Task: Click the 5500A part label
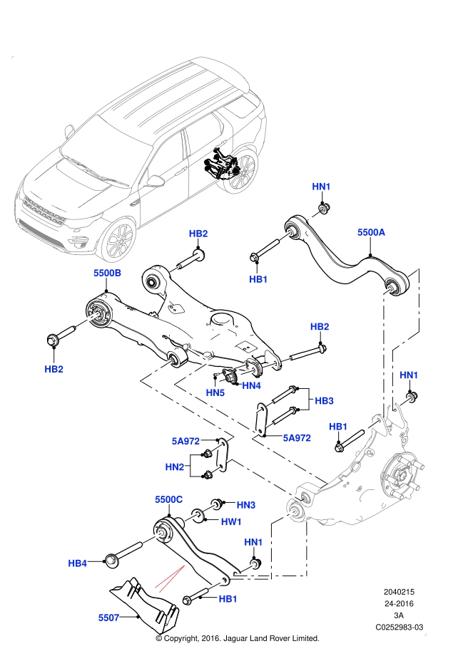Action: [371, 232]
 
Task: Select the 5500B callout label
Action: [107, 273]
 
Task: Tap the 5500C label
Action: [169, 500]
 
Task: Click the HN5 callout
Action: [215, 392]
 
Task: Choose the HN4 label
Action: [251, 385]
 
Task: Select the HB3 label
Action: [324, 401]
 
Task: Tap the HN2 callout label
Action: [175, 467]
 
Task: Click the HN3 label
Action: [246, 504]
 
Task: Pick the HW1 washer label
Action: [231, 521]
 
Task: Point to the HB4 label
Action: [78, 563]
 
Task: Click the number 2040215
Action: [399, 591]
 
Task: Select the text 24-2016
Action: [399, 603]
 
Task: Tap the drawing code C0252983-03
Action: [399, 627]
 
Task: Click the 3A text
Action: [399, 615]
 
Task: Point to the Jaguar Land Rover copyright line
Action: [237, 638]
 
